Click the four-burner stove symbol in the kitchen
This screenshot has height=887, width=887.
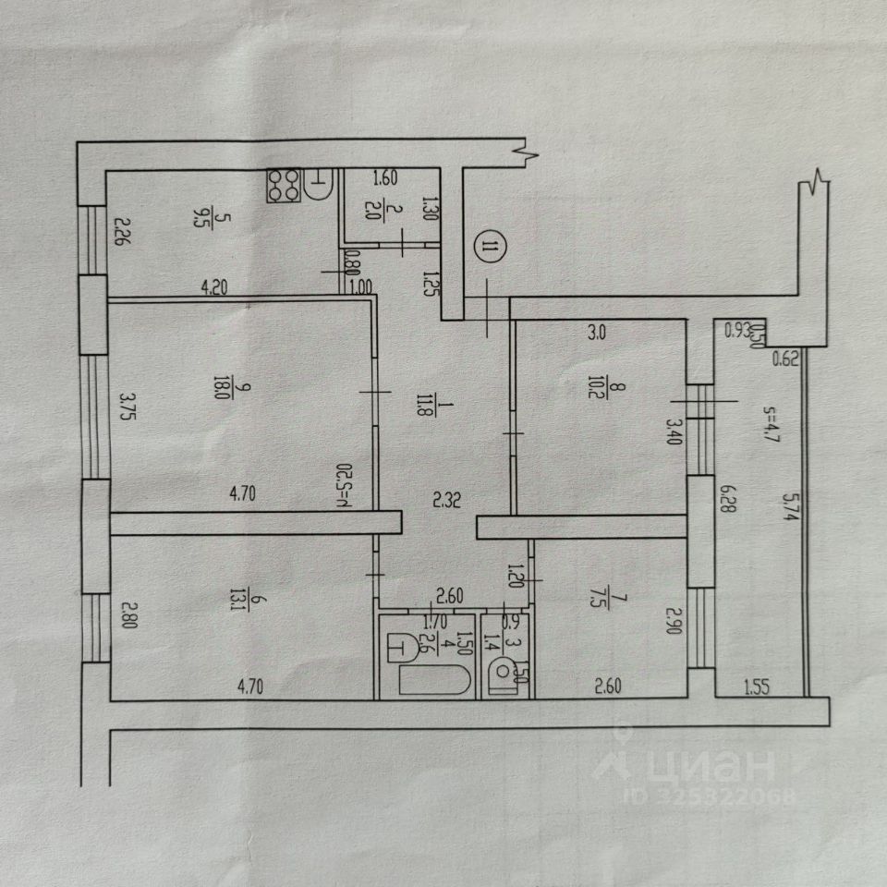284,185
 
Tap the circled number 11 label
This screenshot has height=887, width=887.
490,247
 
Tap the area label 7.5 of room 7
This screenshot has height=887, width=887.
620,614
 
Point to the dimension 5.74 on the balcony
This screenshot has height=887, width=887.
786,506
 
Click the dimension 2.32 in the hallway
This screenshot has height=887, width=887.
448,501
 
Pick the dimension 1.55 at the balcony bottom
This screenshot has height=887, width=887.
758,687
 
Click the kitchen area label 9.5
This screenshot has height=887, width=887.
200,218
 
